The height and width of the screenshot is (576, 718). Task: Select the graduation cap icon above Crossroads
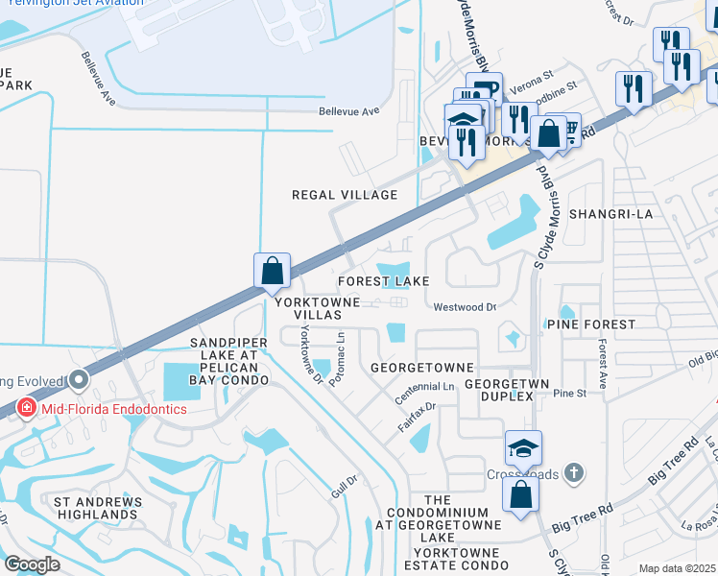point(523,447)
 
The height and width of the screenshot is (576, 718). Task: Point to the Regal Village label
point(345,195)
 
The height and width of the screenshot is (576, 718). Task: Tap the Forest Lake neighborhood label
point(382,280)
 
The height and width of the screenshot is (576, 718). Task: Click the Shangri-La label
point(610,214)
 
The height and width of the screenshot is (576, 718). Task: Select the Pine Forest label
point(590,325)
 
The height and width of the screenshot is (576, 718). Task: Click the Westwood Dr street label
point(465,307)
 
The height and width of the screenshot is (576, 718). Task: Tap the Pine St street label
point(568,394)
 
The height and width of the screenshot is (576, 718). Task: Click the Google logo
point(32,564)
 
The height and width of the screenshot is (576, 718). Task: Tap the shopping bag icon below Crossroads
point(520,495)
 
